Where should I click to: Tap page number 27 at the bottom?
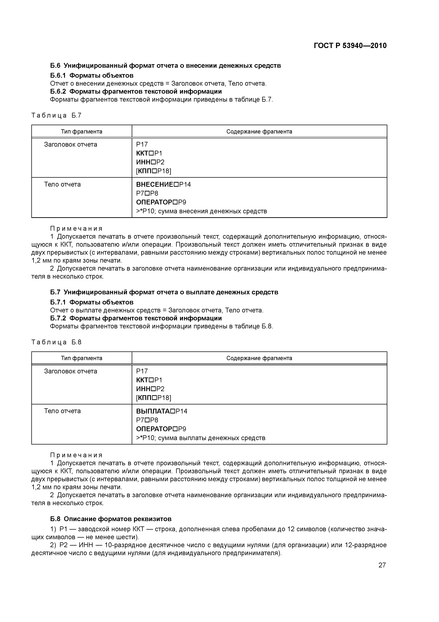click(x=382, y=565)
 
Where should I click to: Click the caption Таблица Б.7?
click(x=56, y=115)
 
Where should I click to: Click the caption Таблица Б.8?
click(x=56, y=342)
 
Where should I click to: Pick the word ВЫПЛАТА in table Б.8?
click(x=153, y=411)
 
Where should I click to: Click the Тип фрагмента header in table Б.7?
click(x=81, y=132)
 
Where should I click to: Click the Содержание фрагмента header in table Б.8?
click(x=259, y=358)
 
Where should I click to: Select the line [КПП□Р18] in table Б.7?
click(x=153, y=171)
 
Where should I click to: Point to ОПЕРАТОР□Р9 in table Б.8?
click(x=161, y=429)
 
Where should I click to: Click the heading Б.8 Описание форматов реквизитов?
click(x=111, y=519)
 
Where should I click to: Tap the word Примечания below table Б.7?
click(x=76, y=229)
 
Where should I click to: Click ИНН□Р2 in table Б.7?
click(x=150, y=162)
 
